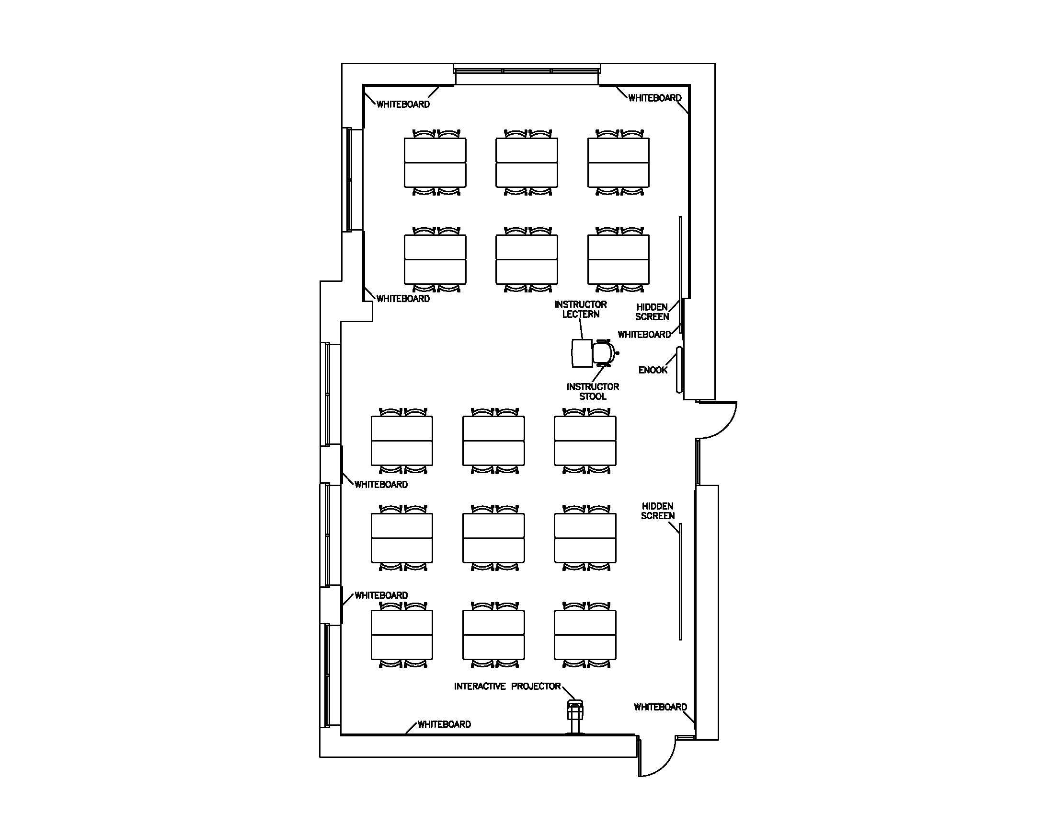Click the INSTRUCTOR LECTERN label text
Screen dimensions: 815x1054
click(x=581, y=309)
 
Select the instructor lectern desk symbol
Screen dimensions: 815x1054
click(x=582, y=353)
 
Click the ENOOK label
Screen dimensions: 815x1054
click(x=653, y=370)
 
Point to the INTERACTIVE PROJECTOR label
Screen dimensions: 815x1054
click(x=507, y=687)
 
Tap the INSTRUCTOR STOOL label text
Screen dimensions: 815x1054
click(x=593, y=392)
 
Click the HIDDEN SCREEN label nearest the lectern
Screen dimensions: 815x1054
click(x=652, y=312)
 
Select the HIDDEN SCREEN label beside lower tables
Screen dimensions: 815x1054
click(x=657, y=511)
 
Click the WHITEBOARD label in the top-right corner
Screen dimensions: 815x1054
click(x=655, y=98)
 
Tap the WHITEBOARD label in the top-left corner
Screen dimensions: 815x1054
click(x=403, y=105)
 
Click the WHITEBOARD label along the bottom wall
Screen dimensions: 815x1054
click(x=444, y=724)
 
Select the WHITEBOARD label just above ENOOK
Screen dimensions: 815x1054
click(x=644, y=335)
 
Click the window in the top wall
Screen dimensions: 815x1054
click(x=527, y=71)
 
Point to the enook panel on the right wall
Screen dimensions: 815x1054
click(x=679, y=370)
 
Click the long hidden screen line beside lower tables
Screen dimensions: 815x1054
click(x=680, y=582)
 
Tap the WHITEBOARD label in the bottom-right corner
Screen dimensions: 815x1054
click(x=660, y=707)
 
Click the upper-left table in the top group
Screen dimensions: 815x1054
click(x=435, y=163)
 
